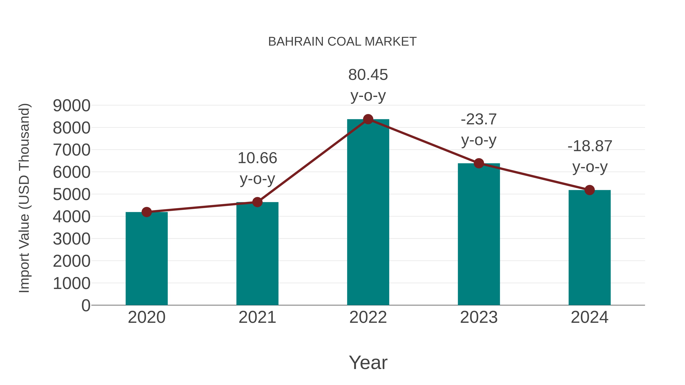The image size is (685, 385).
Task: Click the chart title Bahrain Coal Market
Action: pos(342,42)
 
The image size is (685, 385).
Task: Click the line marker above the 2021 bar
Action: pos(257,202)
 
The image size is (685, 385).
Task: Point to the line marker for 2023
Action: pos(479,163)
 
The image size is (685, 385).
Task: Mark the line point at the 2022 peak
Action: pos(368,119)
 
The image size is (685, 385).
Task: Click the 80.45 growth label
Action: pos(368,75)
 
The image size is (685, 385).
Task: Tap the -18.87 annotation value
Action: pos(589,146)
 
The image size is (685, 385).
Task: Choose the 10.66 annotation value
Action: pos(257,158)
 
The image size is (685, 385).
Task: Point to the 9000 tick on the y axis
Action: pos(72,106)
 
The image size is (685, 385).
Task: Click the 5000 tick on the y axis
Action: pos(72,194)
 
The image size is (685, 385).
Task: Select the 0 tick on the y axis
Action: pos(86,305)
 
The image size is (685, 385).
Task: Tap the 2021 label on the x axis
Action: pos(257,317)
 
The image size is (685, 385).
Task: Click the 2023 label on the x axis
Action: pos(479,317)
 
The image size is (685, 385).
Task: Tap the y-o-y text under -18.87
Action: pos(589,167)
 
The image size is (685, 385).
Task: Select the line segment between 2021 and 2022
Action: pos(313,161)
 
